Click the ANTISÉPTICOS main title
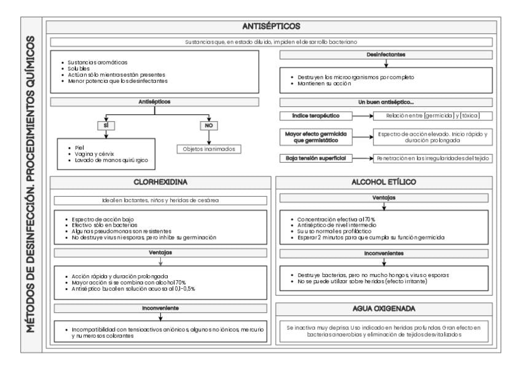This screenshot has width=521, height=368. pos(270,26)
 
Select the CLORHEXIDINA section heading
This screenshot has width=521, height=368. pos(159,182)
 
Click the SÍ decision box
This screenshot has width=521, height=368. pos(106,125)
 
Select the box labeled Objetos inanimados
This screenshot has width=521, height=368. pos(210,149)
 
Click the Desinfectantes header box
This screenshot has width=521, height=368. pos(386,55)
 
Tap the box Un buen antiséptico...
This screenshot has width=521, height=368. pos(386,102)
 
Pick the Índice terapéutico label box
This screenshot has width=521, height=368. pos(312,115)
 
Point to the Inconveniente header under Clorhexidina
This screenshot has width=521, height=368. pos(159,307)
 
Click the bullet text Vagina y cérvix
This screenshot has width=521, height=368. pos(92,154)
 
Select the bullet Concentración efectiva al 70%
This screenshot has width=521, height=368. pos(335,219)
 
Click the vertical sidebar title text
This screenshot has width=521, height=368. pos(27,184)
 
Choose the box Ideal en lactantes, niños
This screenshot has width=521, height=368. pos(159,200)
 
